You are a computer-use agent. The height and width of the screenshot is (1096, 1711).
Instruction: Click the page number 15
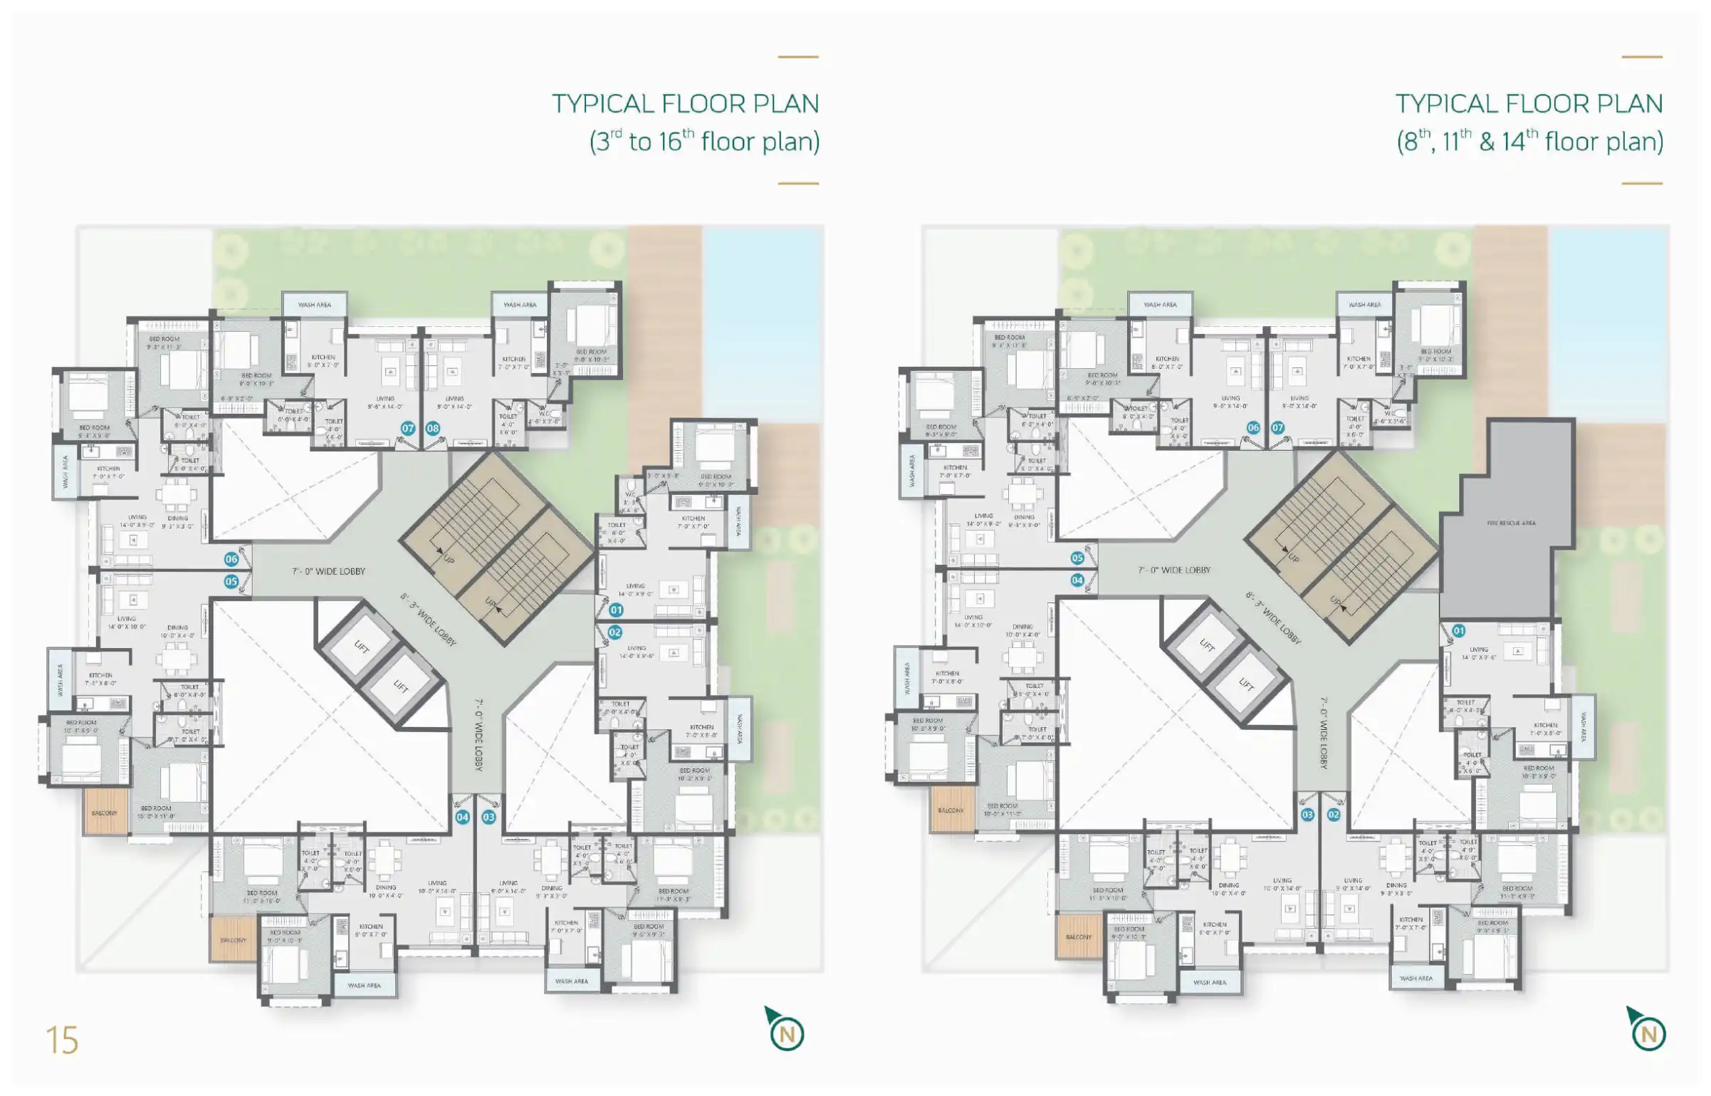62,1040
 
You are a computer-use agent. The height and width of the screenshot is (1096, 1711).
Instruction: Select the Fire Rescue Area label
1511,523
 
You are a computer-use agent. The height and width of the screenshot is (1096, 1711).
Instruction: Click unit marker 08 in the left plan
433,428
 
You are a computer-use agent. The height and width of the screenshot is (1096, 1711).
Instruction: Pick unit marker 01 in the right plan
1458,630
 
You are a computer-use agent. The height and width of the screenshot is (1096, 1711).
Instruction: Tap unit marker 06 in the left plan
231,559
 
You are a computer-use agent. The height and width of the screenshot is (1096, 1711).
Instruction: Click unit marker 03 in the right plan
1307,814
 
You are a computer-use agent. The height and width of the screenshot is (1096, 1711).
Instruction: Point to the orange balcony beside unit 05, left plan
105,811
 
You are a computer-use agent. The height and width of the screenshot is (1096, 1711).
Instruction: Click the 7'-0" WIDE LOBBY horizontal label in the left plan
328,571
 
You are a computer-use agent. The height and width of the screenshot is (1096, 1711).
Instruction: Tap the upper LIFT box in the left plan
362,647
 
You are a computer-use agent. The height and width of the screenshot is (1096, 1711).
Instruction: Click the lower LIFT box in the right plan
1246,684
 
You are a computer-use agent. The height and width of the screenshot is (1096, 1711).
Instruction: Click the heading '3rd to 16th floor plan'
703,141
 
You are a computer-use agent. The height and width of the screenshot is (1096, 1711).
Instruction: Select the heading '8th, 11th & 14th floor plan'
1529,141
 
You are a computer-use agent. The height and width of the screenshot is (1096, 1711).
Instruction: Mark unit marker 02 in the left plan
614,632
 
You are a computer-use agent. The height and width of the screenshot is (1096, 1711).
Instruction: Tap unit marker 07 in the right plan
1278,428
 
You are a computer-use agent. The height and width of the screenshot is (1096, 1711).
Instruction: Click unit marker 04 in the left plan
462,817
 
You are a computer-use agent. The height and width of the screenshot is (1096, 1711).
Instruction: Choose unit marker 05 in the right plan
1077,558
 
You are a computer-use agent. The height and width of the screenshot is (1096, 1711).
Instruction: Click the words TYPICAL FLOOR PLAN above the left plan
685,104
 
